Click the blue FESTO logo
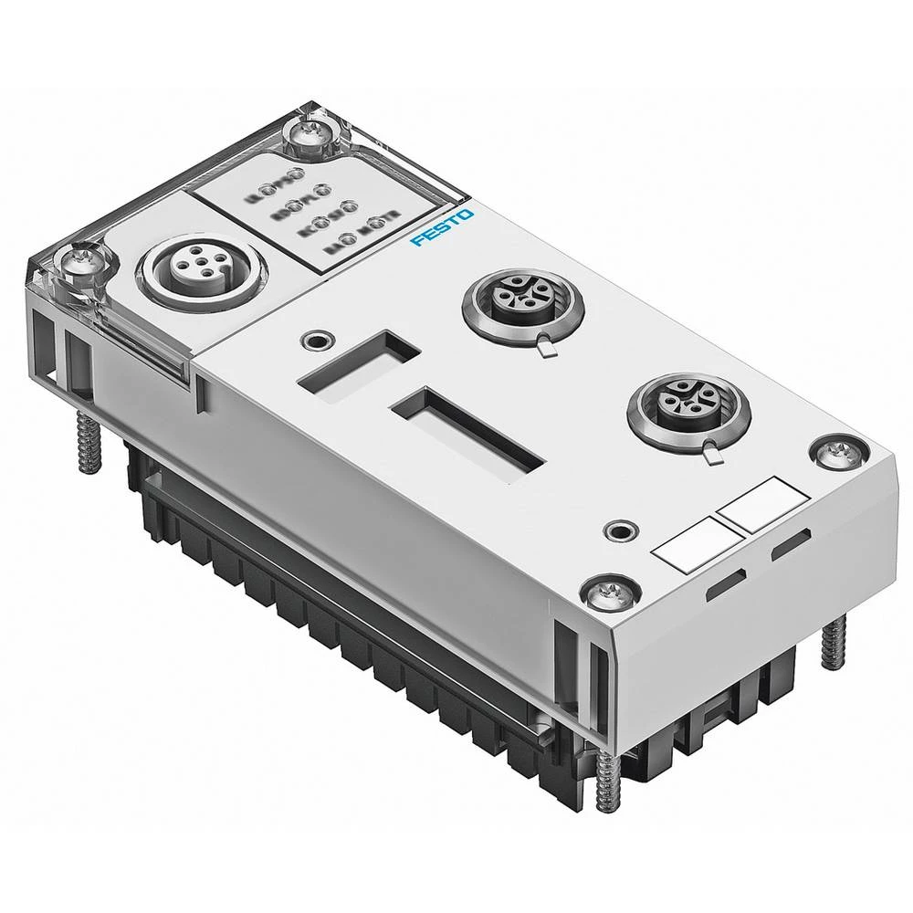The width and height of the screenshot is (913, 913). [x=443, y=228]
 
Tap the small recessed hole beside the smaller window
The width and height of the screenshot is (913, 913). [x=316, y=340]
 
